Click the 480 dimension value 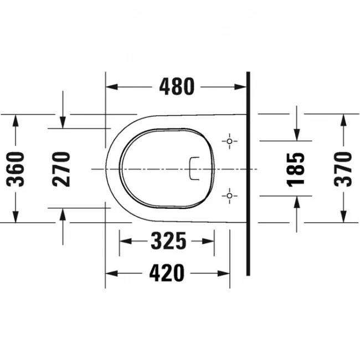click(177, 86)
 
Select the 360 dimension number click(16, 169)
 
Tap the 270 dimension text click(61, 169)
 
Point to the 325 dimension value click(168, 241)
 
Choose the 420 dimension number click(167, 273)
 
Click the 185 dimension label click(296, 169)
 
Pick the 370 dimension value click(343, 169)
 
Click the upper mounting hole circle click(229, 141)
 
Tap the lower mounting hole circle click(229, 196)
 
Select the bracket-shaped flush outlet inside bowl click(190, 168)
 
